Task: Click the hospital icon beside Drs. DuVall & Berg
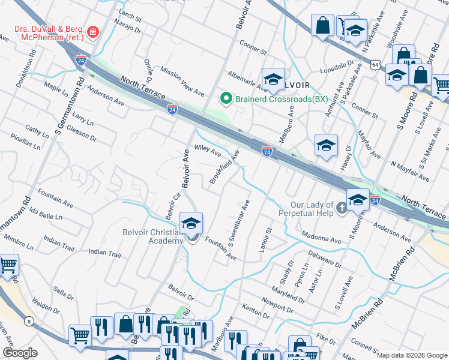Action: (x=93, y=32)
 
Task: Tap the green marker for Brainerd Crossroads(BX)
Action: (x=226, y=97)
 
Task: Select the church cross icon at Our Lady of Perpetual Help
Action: (x=342, y=208)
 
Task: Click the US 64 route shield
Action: (x=375, y=64)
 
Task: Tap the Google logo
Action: (x=20, y=352)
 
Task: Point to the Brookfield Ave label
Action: (x=224, y=167)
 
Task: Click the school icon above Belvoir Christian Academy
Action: (x=191, y=224)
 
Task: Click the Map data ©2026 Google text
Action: (x=412, y=355)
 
